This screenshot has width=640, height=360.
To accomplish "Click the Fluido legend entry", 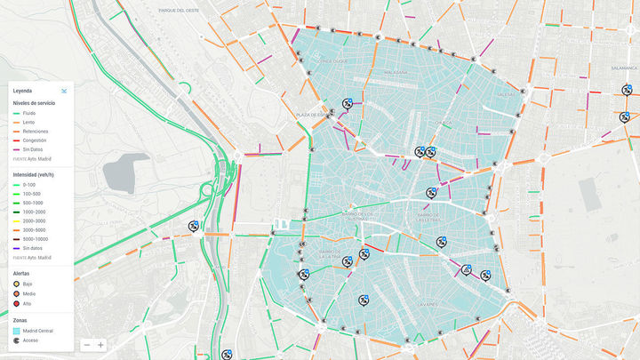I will point(29,114).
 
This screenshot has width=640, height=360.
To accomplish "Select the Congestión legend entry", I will point(33,140).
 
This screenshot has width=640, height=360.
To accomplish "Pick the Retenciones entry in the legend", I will point(36,132).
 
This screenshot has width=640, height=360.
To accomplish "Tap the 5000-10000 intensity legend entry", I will point(37,239).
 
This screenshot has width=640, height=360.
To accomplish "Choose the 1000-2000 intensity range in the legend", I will point(36,212).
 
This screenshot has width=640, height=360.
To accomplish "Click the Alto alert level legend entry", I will point(27,304).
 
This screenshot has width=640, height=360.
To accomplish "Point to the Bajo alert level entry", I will point(27,284).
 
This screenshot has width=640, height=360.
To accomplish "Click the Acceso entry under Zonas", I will point(29,340).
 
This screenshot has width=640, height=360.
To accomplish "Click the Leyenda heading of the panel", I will point(22,91).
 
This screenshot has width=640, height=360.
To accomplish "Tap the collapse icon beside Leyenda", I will point(65,91).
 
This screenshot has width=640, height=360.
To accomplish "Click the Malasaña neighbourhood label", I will point(395,72).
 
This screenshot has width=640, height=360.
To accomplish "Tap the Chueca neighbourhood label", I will point(444,123).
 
